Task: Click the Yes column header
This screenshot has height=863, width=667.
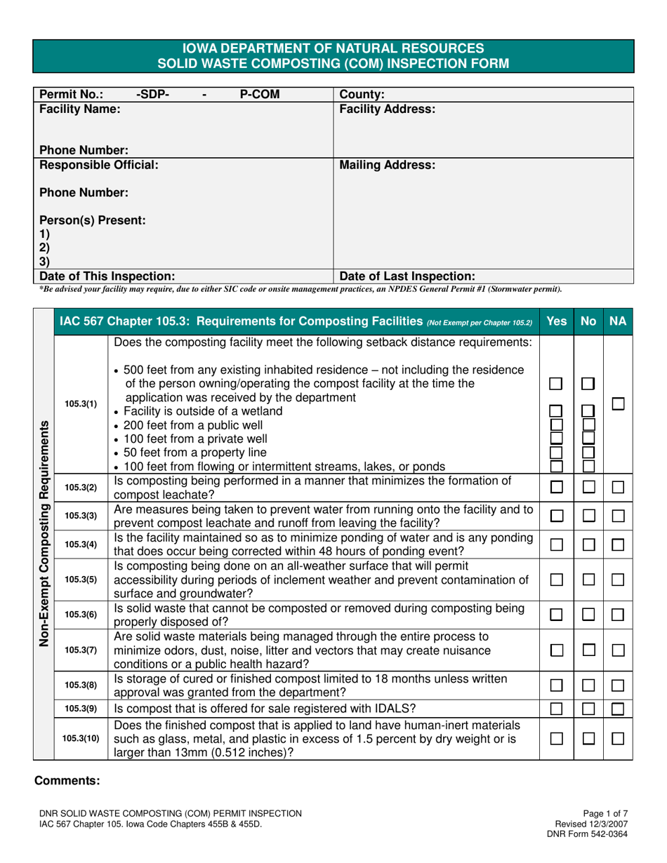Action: [x=557, y=322]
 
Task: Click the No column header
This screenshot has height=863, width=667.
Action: [x=588, y=322]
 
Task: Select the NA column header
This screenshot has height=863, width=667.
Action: [x=618, y=322]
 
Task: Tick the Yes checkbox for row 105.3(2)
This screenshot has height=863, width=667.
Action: [x=556, y=487]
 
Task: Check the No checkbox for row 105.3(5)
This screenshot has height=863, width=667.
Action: [x=588, y=580]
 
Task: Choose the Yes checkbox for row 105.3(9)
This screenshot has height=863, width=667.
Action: [x=556, y=709]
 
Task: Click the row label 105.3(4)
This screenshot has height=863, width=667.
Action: [x=81, y=544]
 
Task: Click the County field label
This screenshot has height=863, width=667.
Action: [x=362, y=94]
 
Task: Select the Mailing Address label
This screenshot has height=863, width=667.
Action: [x=388, y=166]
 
